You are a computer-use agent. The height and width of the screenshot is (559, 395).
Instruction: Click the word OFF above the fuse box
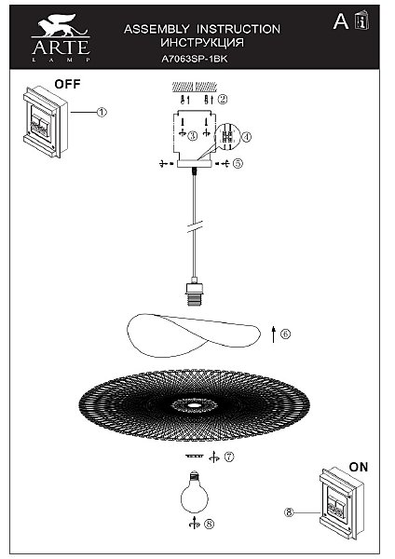pyautogui.click(x=67, y=84)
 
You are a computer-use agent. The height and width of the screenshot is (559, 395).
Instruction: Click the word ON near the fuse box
pyautogui.click(x=359, y=467)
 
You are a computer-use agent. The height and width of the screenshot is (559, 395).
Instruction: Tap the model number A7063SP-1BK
pyautogui.click(x=195, y=59)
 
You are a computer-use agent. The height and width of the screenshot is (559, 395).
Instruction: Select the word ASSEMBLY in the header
pyautogui.click(x=157, y=29)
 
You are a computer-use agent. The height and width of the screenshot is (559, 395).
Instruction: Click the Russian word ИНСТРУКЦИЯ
pyautogui.click(x=202, y=43)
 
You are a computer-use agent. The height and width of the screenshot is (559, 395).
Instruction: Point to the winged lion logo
pyautogui.click(x=62, y=25)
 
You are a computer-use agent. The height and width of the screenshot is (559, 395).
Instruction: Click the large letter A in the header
pyautogui.click(x=340, y=21)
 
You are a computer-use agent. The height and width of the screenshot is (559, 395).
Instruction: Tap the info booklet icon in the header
pyautogui.click(x=361, y=20)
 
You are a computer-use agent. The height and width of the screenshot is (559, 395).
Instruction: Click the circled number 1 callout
pyautogui.click(x=102, y=113)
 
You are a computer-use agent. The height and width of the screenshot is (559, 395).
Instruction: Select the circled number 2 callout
pyautogui.click(x=223, y=99)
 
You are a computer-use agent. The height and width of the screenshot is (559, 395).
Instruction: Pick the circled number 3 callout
pyautogui.click(x=193, y=136)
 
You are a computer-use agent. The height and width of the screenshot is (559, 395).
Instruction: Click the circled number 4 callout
pyautogui.click(x=246, y=137)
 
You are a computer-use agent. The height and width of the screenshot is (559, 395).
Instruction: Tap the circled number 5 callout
pyautogui.click(x=238, y=163)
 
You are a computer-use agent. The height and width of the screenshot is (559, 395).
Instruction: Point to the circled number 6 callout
pyautogui.click(x=285, y=334)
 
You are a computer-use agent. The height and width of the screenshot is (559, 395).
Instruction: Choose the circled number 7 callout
pyautogui.click(x=229, y=457)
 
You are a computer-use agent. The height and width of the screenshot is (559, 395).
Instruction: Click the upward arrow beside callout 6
pyautogui.click(x=274, y=334)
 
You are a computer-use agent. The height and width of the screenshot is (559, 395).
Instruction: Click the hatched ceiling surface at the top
pyautogui.click(x=195, y=87)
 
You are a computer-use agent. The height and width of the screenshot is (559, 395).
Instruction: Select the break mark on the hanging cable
pyautogui.click(x=195, y=226)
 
